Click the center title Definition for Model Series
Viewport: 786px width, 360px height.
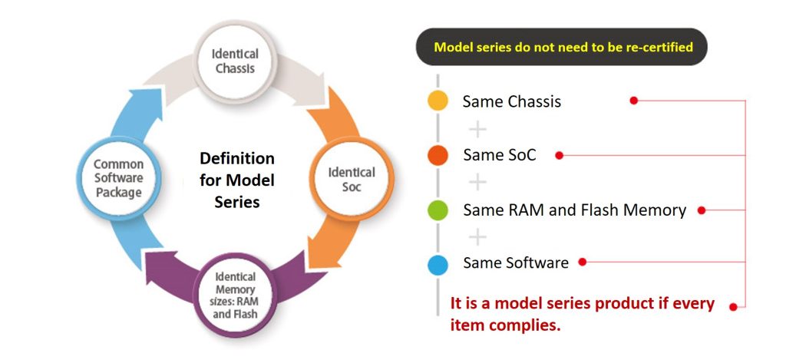tap(236, 180)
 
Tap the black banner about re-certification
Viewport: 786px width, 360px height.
tap(563, 48)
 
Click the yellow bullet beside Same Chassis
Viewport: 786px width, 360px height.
tap(438, 101)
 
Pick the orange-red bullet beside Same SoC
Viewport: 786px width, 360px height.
tap(438, 155)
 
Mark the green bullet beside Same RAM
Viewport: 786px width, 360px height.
tap(438, 210)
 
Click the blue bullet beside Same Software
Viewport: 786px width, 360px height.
tap(438, 264)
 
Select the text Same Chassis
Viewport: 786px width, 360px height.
tap(511, 101)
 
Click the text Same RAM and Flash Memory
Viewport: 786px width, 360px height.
tap(574, 210)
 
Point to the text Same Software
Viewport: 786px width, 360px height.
tap(516, 263)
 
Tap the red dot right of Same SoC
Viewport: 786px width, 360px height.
tap(560, 155)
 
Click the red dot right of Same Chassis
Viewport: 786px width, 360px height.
tap(634, 101)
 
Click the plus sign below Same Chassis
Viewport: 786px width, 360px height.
tap(477, 128)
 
